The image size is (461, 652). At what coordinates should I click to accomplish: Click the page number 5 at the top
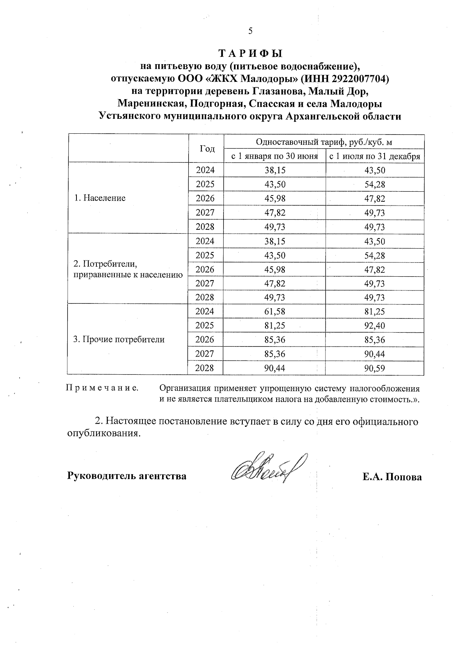[x=250, y=32]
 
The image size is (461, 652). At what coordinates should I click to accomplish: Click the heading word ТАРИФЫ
[x=250, y=53]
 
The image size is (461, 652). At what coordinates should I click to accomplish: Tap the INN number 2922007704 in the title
[x=357, y=79]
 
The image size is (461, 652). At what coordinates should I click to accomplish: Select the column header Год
[x=207, y=149]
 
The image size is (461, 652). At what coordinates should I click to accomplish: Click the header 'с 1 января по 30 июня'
[x=274, y=156]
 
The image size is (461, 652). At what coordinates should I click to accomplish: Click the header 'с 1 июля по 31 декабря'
[x=375, y=156]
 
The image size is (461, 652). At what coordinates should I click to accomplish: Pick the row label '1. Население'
[x=100, y=198]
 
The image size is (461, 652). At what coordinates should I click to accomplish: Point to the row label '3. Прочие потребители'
[x=119, y=340]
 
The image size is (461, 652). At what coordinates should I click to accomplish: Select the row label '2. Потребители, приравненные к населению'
[x=128, y=269]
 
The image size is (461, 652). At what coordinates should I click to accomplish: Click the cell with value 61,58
[x=275, y=312]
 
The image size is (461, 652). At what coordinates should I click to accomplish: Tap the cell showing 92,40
[x=375, y=326]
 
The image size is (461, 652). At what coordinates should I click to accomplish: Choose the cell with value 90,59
[x=375, y=368]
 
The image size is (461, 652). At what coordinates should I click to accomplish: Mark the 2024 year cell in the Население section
[x=205, y=170]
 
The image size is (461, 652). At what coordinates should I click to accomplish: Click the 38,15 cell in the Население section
[x=275, y=170]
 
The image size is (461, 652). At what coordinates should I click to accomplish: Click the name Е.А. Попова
[x=392, y=477]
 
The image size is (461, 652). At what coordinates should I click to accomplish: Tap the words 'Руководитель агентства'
[x=127, y=476]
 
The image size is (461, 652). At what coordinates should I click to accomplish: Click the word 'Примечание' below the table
[x=103, y=388]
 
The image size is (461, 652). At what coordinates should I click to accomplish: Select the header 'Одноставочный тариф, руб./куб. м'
[x=324, y=142]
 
